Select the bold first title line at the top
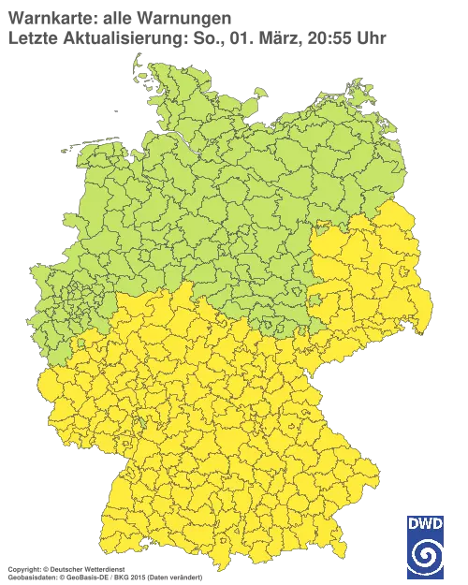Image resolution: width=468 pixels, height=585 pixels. click(x=116, y=18)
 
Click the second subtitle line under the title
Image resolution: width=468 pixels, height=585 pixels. click(x=197, y=37)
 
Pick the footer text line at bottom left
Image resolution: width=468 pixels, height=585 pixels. click(x=103, y=568)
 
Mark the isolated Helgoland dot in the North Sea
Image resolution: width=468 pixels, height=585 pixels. click(x=115, y=110)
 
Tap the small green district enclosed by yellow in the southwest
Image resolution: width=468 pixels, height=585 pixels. click(x=81, y=344)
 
